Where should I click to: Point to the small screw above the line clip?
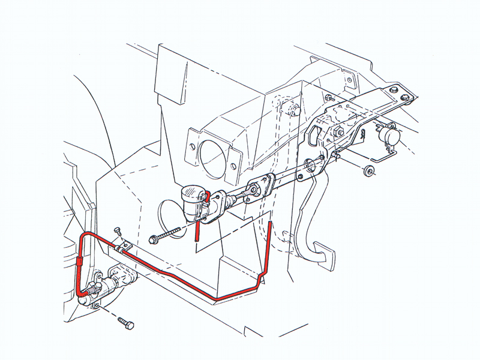(x=118, y=232)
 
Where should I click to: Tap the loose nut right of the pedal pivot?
(x=367, y=171)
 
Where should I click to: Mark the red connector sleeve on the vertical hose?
(x=80, y=262)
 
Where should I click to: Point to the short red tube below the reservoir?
(x=196, y=232)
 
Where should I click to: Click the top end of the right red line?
(x=270, y=224)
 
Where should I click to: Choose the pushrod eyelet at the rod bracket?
(x=255, y=191)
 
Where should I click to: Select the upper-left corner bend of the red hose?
(x=85, y=235)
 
